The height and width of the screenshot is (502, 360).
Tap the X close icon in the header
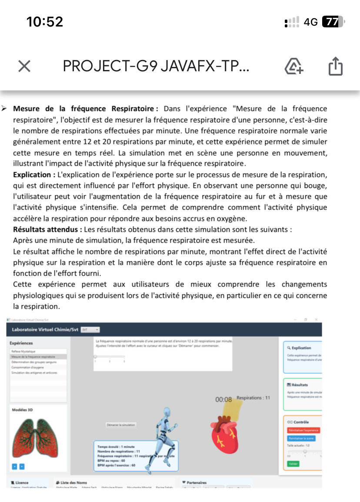coord(24,66)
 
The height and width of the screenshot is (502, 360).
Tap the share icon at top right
coord(335,66)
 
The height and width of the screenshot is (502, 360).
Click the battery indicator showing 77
coord(333,22)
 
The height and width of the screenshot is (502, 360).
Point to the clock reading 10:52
coord(45,22)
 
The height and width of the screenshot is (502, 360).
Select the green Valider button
coord(293,464)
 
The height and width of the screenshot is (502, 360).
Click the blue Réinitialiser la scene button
coord(301,439)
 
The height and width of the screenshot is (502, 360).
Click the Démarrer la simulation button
coord(121,425)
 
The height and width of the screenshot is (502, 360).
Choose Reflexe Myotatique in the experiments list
coord(23,351)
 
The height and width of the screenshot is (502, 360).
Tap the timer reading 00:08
coord(223,399)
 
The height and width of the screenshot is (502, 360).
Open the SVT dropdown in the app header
coord(90,329)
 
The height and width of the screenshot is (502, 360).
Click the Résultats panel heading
coord(300,385)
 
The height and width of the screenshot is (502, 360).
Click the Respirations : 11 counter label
coord(253,398)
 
